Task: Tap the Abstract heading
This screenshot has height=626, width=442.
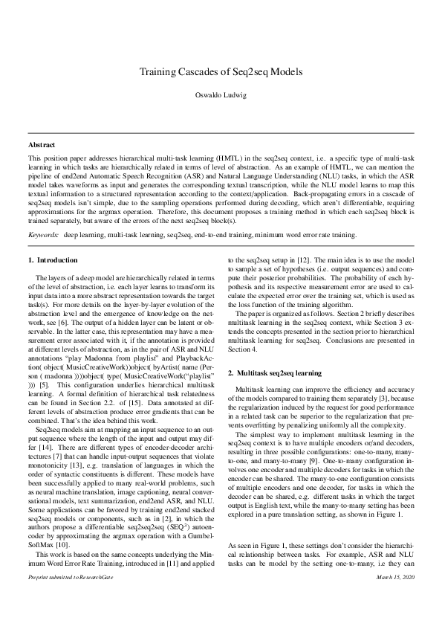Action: point(41,143)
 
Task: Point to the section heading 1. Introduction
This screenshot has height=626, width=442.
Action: point(53,239)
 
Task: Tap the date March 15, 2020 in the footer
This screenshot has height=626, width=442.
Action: point(395,598)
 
